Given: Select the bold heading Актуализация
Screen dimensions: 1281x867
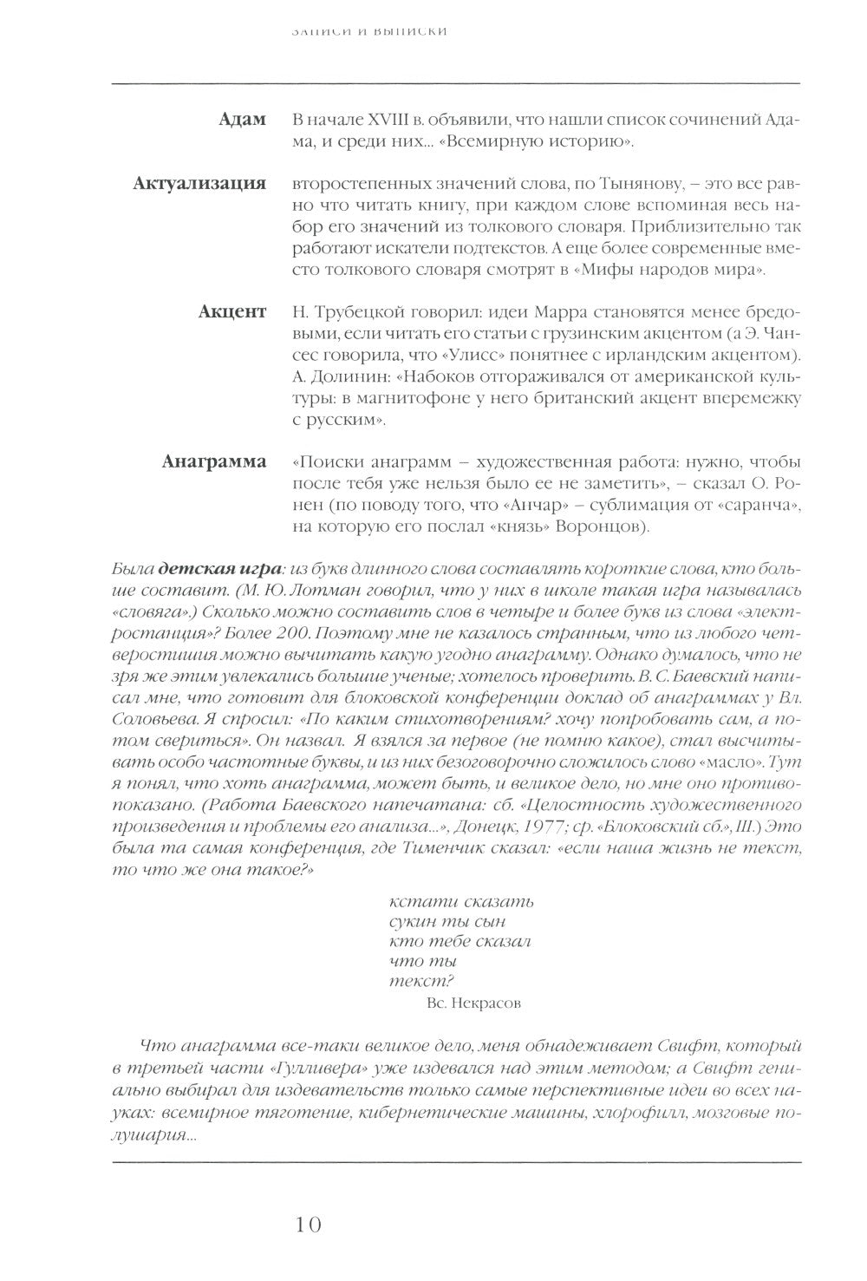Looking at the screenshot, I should [x=199, y=184].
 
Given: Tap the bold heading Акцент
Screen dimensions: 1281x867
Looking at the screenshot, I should [x=231, y=312].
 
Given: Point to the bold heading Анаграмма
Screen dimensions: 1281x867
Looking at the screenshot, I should [x=213, y=461].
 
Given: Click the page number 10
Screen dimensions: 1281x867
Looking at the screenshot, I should [x=308, y=1225].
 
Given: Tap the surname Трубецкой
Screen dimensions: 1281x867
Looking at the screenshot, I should [x=354, y=312].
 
